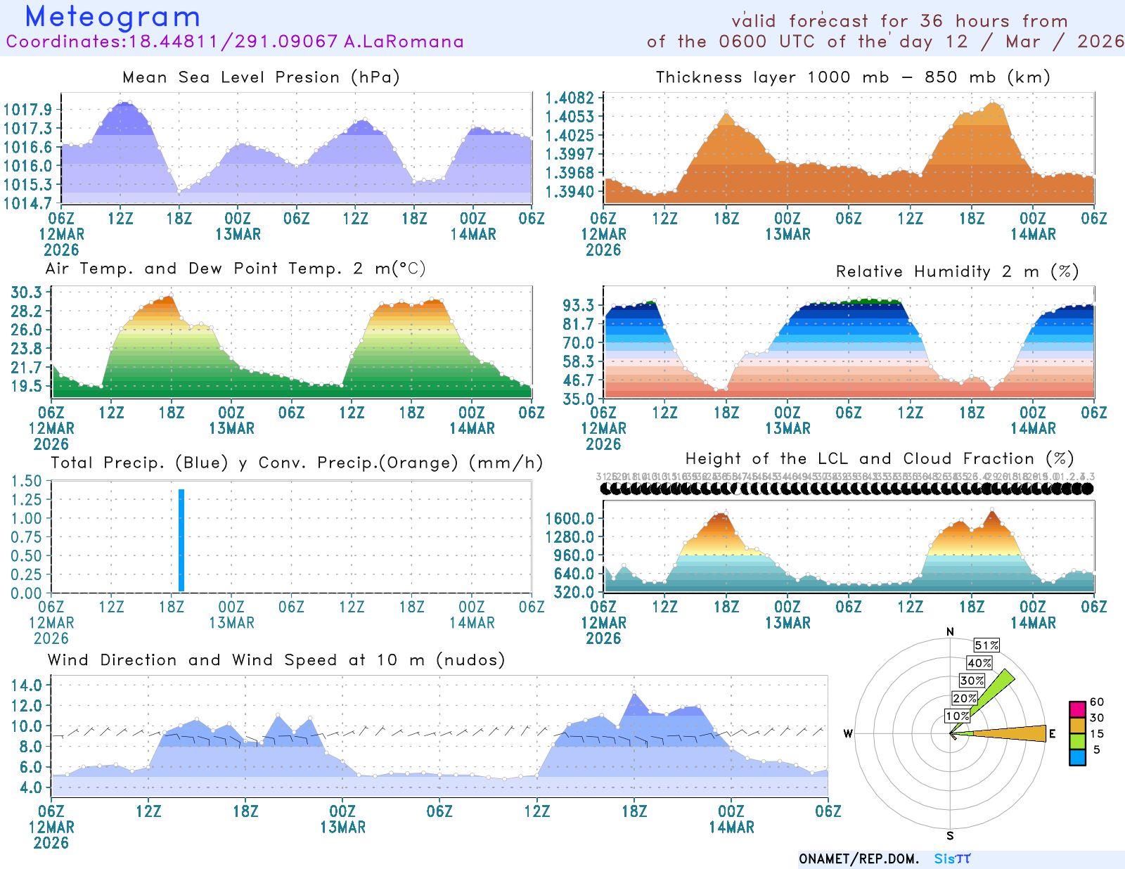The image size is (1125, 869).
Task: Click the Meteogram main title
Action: [112, 17]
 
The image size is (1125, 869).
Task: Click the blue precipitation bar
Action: [181, 540]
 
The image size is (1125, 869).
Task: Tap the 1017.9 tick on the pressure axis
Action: [27, 110]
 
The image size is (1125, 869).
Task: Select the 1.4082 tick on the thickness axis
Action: [570, 98]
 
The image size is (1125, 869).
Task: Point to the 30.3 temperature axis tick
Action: [27, 292]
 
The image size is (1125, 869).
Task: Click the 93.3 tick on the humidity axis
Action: [578, 305]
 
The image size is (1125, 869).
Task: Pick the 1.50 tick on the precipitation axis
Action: [27, 481]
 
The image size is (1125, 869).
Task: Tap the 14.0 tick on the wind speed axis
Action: [27, 685]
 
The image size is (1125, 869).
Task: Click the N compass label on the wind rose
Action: [950, 631]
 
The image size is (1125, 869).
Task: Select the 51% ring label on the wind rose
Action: [986, 645]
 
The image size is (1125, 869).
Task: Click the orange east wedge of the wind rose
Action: [1012, 733]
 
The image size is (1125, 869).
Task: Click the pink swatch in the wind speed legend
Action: [1077, 709]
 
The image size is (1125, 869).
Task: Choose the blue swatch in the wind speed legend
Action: [1077, 757]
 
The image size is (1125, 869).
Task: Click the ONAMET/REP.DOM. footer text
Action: [859, 859]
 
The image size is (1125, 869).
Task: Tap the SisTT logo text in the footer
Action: [952, 859]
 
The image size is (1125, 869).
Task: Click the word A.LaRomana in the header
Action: [404, 41]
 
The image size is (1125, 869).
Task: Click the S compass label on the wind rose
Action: [950, 836]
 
